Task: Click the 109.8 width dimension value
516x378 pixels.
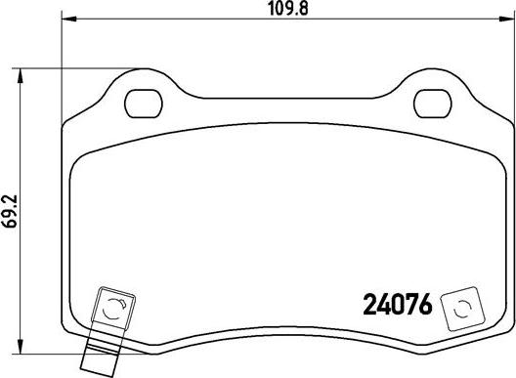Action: [x=288, y=9]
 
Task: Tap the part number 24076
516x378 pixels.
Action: [x=397, y=305]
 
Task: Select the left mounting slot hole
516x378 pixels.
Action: [x=144, y=104]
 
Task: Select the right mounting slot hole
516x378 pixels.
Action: [x=432, y=104]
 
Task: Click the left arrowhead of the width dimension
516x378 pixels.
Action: [x=68, y=19]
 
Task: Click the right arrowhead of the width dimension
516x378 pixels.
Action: [x=507, y=19]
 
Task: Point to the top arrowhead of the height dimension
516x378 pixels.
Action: [x=21, y=75]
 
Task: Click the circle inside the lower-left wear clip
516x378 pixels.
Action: [x=114, y=309]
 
